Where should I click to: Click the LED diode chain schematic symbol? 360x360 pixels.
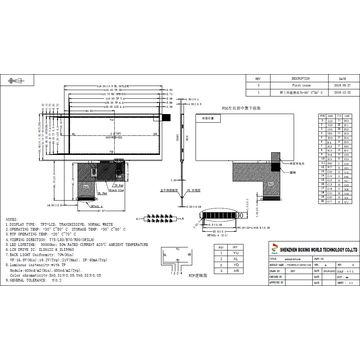tap(171, 218)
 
